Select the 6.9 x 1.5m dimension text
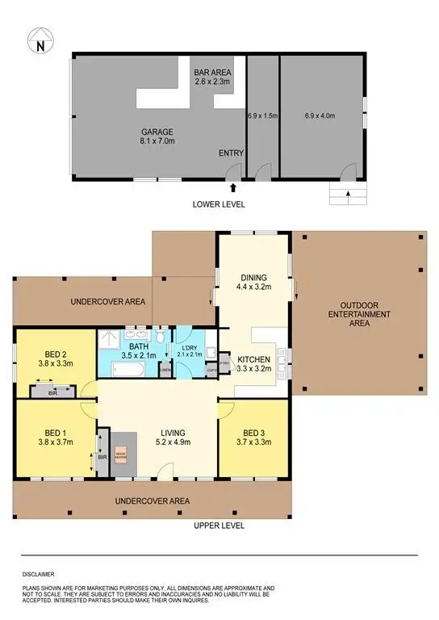coord(262,116)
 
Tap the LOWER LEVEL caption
coord(218,203)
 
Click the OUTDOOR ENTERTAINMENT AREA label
coord(358,314)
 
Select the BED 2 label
coord(54,358)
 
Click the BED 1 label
coord(55,436)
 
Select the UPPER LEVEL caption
coord(219,526)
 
